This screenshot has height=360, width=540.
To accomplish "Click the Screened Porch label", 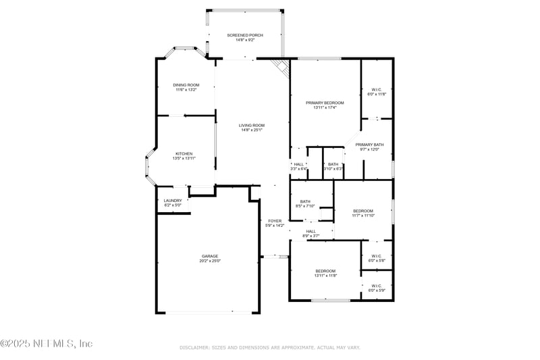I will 245,37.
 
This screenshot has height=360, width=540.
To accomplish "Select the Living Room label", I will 251,128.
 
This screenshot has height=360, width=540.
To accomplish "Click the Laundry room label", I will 172,203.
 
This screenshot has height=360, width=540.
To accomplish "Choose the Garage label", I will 209,258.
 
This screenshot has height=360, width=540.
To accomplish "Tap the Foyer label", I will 275,223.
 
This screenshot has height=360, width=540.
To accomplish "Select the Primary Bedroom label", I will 325,105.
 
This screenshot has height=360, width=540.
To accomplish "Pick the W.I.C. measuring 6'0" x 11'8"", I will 377,92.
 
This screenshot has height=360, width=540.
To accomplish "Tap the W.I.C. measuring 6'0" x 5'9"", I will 377,288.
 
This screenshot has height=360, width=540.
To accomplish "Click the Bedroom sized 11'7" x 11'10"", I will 362,213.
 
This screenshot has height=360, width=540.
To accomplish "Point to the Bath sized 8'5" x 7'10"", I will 305,203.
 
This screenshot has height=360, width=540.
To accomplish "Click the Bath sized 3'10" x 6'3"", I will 333,166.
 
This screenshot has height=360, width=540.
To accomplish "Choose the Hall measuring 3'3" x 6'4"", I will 298,166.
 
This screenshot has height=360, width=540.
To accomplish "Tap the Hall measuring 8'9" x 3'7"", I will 310,233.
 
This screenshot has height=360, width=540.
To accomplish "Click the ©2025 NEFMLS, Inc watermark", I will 47,344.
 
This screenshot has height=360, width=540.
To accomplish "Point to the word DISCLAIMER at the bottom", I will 196,348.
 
